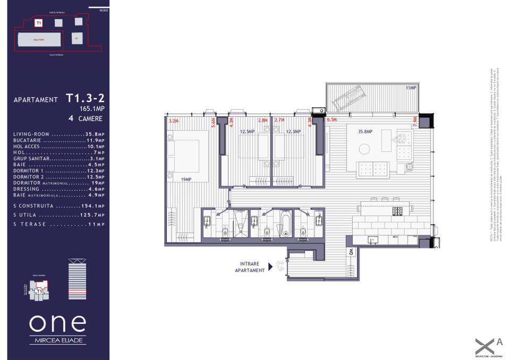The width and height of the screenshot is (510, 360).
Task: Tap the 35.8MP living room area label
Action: (x=365, y=132)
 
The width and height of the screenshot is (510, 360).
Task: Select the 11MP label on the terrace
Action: (x=411, y=88)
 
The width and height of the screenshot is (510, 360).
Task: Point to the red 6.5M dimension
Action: (x=332, y=120)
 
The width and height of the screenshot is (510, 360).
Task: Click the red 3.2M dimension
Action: (x=173, y=121)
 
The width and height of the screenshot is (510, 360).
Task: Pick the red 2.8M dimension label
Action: (x=262, y=121)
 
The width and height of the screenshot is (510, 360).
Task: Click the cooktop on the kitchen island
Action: (x=398, y=211)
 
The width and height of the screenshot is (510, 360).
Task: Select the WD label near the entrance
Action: (x=351, y=252)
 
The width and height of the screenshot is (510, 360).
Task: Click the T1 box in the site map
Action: (x=39, y=23)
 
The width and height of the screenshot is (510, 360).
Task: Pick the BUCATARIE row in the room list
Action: (x=59, y=141)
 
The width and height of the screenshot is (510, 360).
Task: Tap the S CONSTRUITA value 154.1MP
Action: (x=95, y=205)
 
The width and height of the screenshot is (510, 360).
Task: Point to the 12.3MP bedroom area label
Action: (x=294, y=132)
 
